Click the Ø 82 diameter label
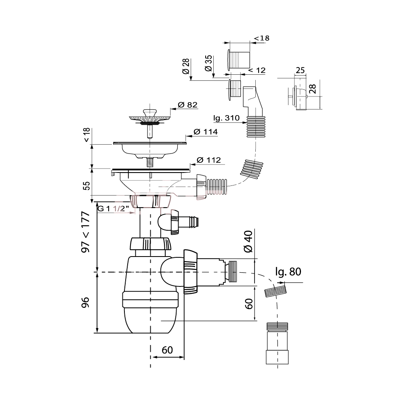click(187, 105)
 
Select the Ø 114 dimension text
click(206, 132)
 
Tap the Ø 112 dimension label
click(209, 160)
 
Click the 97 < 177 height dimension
click(86, 232)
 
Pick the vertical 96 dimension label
click(85, 302)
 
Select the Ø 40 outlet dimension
click(248, 242)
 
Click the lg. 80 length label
click(288, 271)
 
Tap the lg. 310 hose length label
click(227, 118)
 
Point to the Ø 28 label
click(186, 66)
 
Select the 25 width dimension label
click(300, 70)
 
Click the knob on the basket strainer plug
click(150, 112)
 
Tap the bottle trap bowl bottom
click(150, 320)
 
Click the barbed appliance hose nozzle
click(190, 221)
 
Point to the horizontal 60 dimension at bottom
click(167, 350)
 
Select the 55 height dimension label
click(87, 186)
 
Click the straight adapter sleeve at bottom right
click(277, 343)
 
